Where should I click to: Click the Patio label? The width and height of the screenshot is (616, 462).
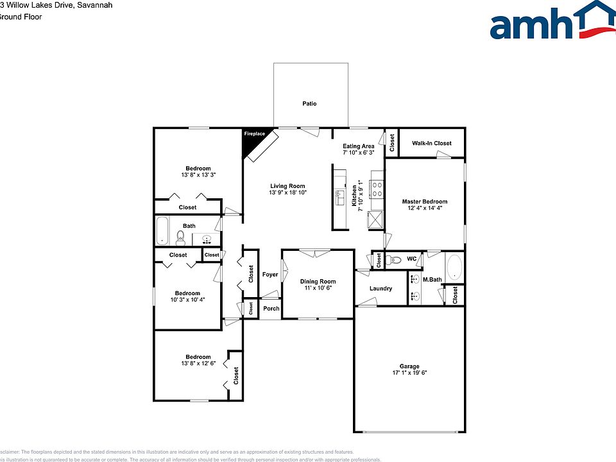(x=309, y=103)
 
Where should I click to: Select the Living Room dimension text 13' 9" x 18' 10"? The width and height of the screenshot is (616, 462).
(x=287, y=193)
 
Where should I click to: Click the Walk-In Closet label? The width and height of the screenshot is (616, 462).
(x=431, y=143)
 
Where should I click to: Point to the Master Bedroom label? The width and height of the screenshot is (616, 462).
(x=424, y=201)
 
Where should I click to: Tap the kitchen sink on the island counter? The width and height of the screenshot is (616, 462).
(x=339, y=195)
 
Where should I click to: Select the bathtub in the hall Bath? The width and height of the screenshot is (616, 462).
(x=162, y=231)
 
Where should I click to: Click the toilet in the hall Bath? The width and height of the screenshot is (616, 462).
(x=180, y=237)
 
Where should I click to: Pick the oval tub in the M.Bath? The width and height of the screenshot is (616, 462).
(x=454, y=268)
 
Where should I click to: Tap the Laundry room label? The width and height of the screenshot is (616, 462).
(x=381, y=288)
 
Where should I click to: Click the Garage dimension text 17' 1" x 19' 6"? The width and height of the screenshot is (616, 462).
(x=409, y=372)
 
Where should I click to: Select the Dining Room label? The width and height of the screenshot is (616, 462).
(x=318, y=282)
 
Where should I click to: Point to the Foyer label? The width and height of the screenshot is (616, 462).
(x=270, y=275)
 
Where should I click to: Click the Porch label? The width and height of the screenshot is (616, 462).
(x=271, y=308)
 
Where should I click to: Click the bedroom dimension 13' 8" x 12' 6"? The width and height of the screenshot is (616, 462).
(x=198, y=364)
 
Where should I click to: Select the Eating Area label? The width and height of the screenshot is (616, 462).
(x=358, y=146)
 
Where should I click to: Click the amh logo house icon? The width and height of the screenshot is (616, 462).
(x=594, y=18)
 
